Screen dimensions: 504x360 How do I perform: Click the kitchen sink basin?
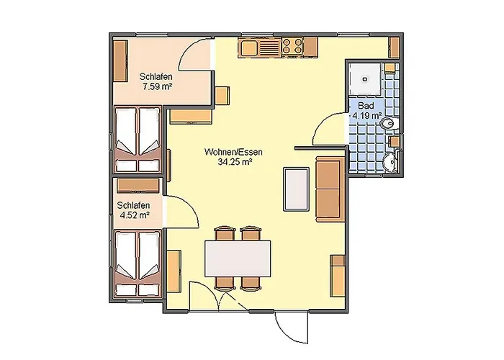pos(249,48)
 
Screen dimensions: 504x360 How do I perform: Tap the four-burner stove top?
pos(292,46)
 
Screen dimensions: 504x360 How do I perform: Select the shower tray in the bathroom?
pos(365,78)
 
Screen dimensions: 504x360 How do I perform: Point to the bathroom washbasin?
pos(390,162)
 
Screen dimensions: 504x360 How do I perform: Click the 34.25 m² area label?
pos(235,162)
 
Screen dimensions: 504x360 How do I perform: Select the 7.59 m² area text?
pos(156,86)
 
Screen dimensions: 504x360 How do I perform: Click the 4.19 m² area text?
pos(366,115)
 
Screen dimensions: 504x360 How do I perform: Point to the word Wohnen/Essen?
pos(233,152)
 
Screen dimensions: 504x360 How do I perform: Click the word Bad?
pos(366,105)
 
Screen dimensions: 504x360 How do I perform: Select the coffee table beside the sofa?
pos(296,189)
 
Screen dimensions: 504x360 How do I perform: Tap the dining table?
pos(238,258)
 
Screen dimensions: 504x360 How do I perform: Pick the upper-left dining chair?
pos(225,233)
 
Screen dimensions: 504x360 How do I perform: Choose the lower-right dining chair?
pos(251,283)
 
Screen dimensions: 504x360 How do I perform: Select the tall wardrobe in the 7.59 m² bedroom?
pos(120,61)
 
